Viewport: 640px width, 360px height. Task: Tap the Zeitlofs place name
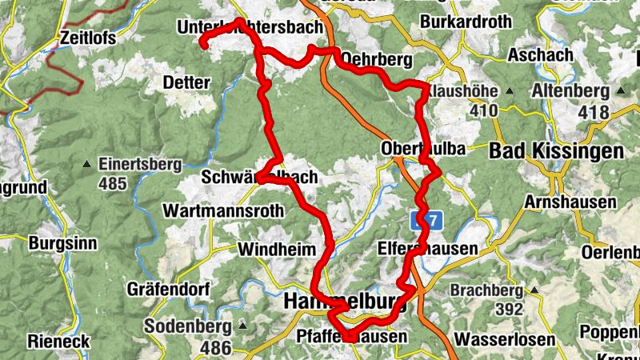pyautogui.click(x=88, y=38)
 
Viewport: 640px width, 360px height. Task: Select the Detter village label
pyautogui.click(x=186, y=82)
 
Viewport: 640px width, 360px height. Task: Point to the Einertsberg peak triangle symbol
pyautogui.click(x=86, y=166)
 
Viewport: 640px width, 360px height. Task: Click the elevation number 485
pyautogui.click(x=115, y=184)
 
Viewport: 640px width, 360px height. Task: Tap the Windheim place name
pyautogui.click(x=277, y=250)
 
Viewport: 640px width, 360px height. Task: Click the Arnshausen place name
pyautogui.click(x=570, y=202)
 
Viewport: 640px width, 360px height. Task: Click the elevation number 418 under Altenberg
pyautogui.click(x=593, y=113)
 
